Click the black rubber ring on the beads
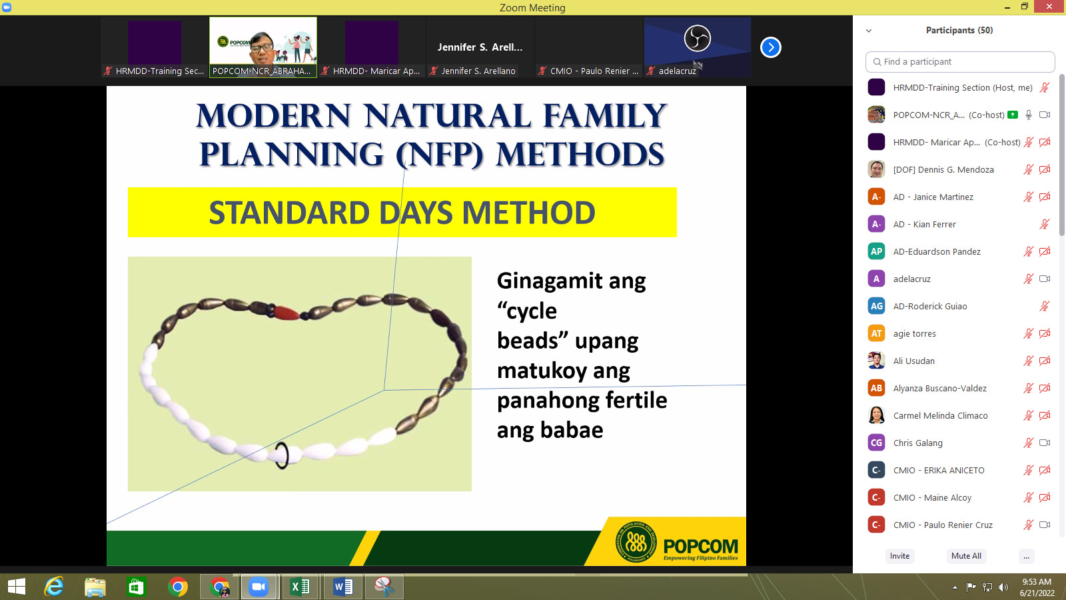coord(281,456)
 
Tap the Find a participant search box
coord(960,62)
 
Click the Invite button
coord(899,556)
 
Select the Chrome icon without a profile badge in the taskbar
coord(177,587)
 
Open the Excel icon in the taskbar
coord(300,587)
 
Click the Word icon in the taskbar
coord(342,587)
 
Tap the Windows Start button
coord(17,587)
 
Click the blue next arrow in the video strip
coord(770,47)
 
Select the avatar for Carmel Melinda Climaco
coord(876,415)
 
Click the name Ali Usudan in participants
coord(913,361)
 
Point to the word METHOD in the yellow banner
coord(529,213)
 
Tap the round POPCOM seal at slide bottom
coord(636,542)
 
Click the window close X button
coord(1050,7)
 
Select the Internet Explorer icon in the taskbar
coord(54,587)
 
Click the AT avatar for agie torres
coord(876,333)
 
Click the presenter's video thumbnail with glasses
coord(263,47)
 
